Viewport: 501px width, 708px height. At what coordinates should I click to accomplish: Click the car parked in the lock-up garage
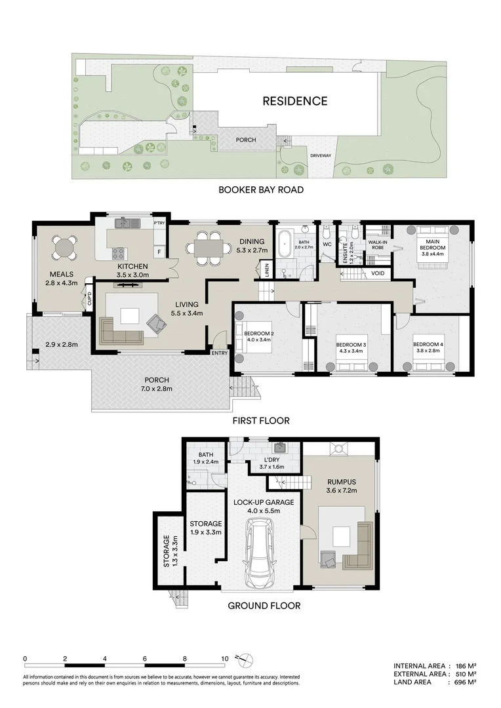260,555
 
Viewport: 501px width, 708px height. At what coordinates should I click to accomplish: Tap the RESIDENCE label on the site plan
294,101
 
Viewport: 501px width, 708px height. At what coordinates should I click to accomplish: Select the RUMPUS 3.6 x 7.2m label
341,488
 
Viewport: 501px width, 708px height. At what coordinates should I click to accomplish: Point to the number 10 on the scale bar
225,658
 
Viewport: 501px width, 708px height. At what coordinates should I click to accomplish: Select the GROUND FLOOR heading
264,606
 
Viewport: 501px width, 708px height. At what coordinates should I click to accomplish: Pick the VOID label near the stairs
378,273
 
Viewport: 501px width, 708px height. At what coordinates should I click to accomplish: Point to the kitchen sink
124,224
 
